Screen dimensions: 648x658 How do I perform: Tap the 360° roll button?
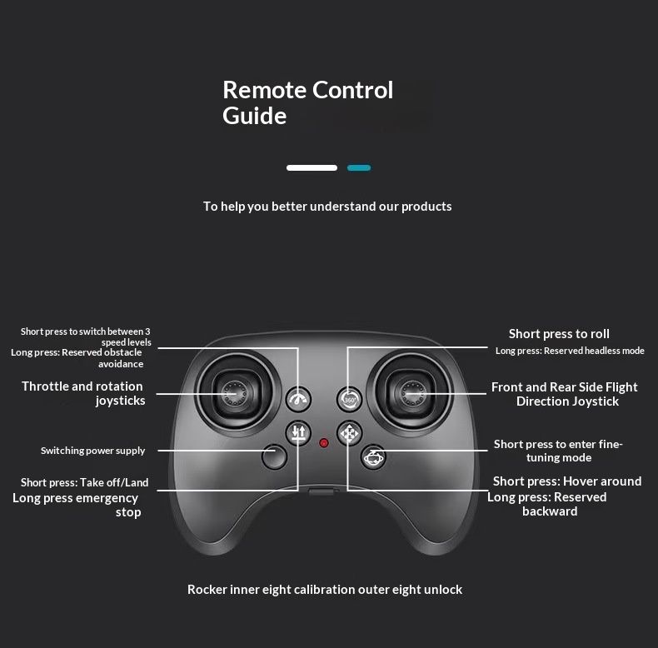[x=351, y=400]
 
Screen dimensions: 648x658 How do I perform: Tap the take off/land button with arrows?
[x=299, y=433]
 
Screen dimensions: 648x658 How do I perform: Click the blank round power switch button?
[x=273, y=456]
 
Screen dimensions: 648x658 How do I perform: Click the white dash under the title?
[x=312, y=168]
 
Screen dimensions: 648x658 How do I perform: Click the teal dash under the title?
[x=359, y=168]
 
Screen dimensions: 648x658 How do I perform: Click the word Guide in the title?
[x=254, y=116]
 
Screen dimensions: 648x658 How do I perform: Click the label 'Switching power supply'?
[x=92, y=451]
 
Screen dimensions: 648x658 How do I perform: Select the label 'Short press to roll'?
[x=559, y=334]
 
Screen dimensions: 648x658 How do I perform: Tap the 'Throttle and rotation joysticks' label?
[x=83, y=393]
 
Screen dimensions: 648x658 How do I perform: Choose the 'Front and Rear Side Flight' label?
[x=565, y=387]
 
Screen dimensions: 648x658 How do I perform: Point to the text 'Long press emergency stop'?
[x=77, y=505]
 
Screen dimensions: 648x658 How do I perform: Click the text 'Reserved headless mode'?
[x=594, y=351]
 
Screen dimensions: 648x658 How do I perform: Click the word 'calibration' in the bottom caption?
[x=322, y=590]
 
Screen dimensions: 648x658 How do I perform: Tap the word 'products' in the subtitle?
[x=426, y=206]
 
